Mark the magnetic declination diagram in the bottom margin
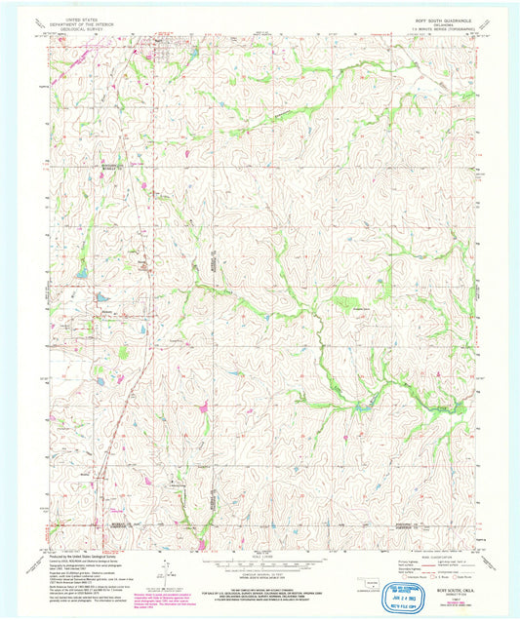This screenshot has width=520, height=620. pyautogui.click(x=168, y=570)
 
